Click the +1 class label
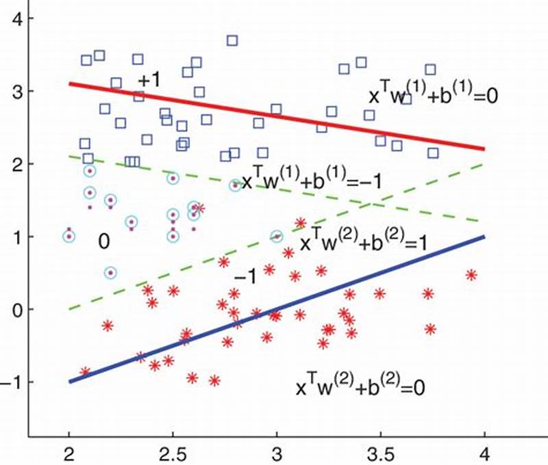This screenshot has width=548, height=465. coord(149,80)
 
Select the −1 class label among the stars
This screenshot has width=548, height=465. coord(245,277)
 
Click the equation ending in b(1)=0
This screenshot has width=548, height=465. coord(432,96)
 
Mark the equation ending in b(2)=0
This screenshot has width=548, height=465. coord(360,387)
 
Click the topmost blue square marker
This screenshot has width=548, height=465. coord(232,40)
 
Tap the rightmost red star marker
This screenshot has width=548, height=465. coord(471,275)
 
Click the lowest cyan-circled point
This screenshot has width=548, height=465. coord(110,272)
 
